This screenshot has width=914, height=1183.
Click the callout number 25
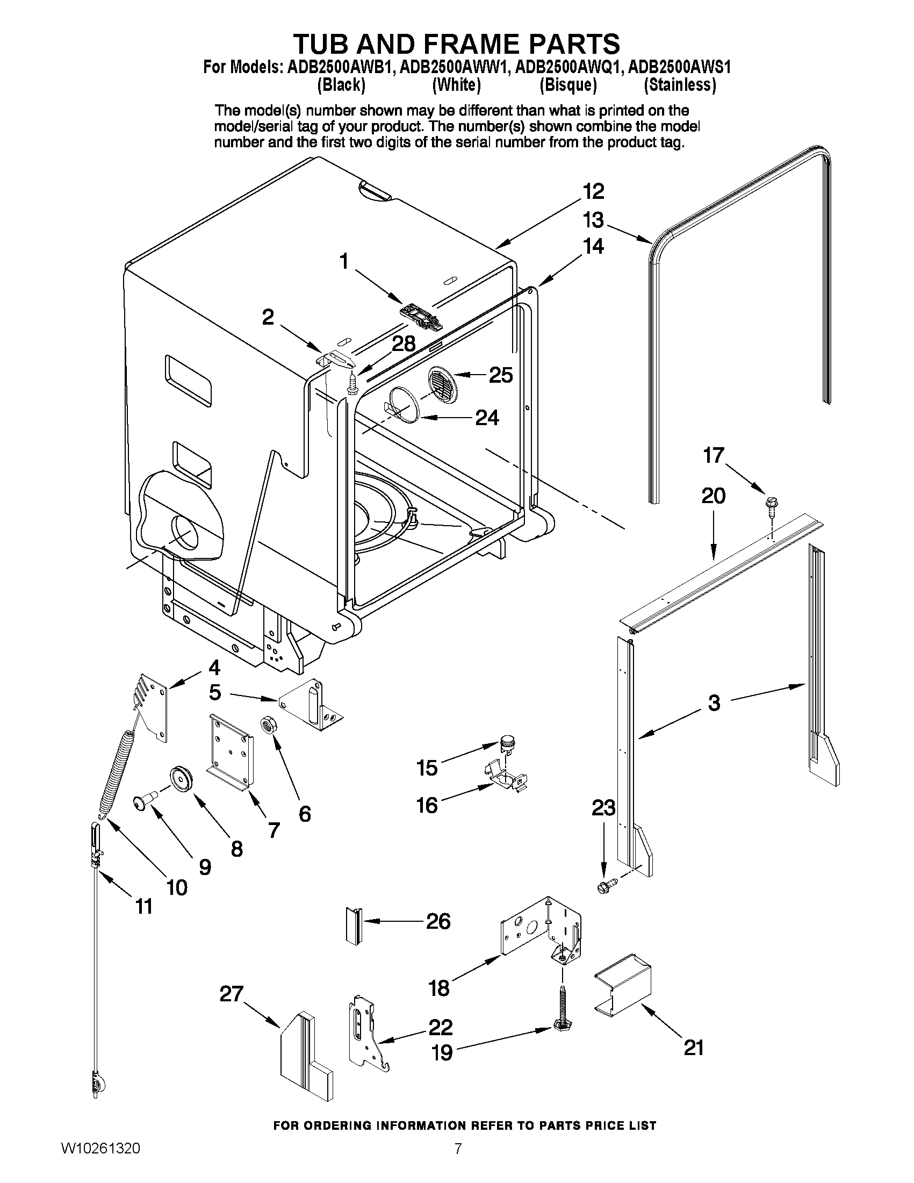500,375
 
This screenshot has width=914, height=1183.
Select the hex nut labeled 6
268,724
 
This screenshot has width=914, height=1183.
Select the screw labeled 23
604,887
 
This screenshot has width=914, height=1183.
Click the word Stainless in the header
680,85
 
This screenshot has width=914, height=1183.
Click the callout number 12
593,191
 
